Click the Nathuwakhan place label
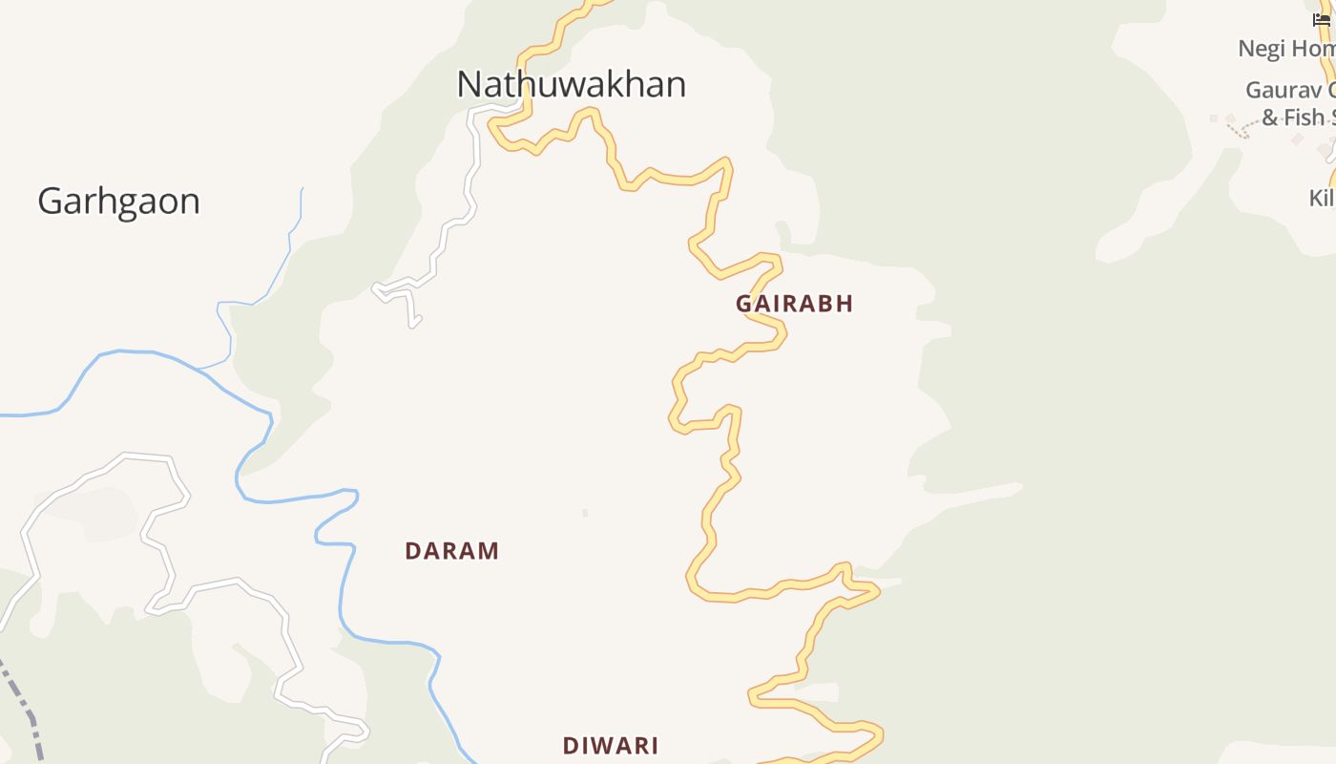pyautogui.click(x=571, y=85)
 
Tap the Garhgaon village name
pyautogui.click(x=119, y=202)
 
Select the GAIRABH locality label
pyautogui.click(x=794, y=304)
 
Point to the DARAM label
pyautogui.click(x=452, y=551)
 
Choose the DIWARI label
pyautogui.click(x=611, y=746)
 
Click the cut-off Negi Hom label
pyautogui.click(x=1286, y=49)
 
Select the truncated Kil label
pyautogui.click(x=1322, y=199)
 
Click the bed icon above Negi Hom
pyautogui.click(x=1322, y=19)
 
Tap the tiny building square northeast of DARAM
pyautogui.click(x=585, y=513)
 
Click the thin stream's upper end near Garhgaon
pyautogui.click(x=303, y=189)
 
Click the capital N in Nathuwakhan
pyautogui.click(x=469, y=85)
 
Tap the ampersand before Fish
pyautogui.click(x=1270, y=117)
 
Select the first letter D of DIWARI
pyautogui.click(x=570, y=746)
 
